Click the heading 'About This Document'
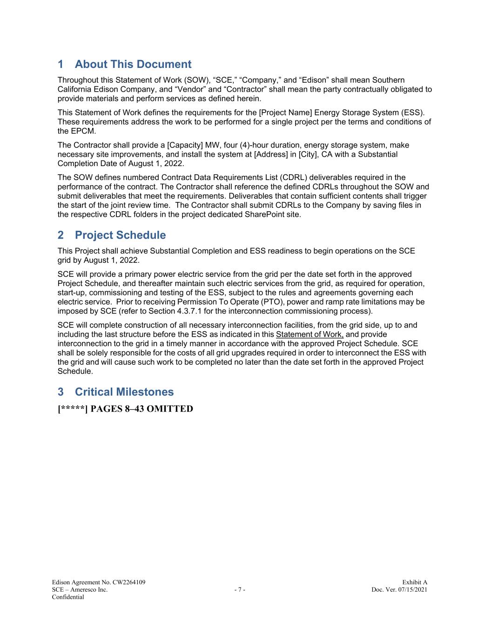coord(133,64)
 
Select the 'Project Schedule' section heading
coord(120,235)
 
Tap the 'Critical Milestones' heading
coord(124,392)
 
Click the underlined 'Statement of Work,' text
coord(309,334)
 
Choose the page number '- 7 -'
coord(240,590)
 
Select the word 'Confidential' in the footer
coord(68,597)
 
